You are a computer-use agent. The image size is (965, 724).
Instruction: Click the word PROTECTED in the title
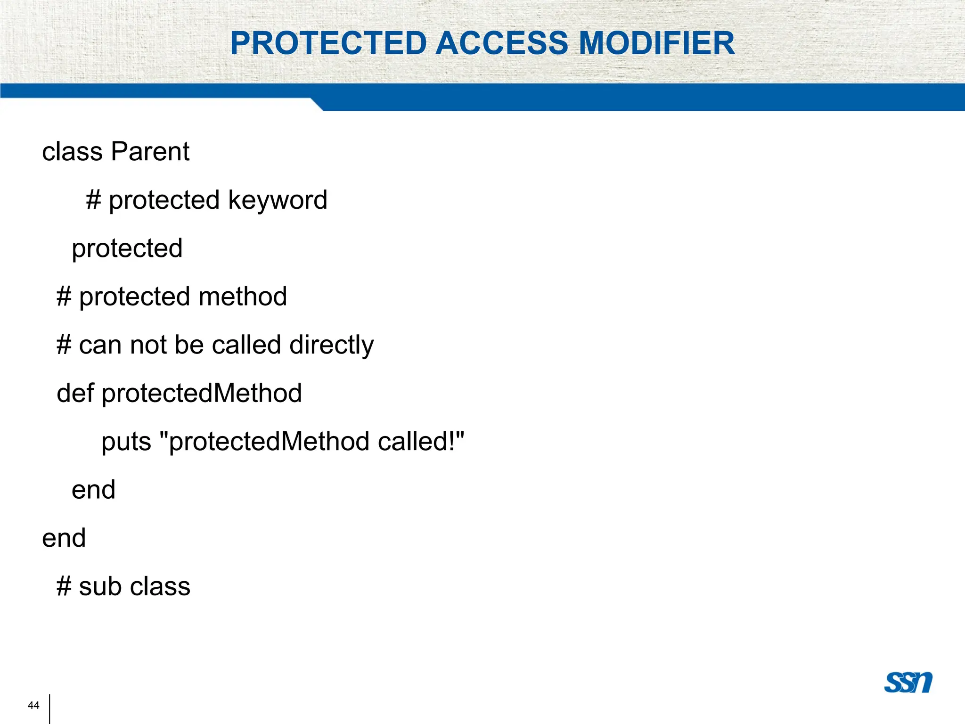coord(328,43)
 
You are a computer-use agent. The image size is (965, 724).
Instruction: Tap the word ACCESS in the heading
coord(502,43)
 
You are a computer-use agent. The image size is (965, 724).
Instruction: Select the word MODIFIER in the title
coord(656,43)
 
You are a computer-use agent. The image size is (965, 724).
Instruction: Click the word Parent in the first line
coord(150,152)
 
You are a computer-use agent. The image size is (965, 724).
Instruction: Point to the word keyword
coord(278,200)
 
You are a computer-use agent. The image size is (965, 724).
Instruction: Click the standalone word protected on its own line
coord(127,248)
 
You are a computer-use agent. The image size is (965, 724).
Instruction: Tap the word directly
coord(332,345)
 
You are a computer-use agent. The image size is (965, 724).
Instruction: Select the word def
coord(75,393)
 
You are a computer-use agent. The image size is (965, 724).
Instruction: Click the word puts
coord(126,442)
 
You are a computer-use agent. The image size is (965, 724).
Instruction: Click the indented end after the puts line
coord(93,490)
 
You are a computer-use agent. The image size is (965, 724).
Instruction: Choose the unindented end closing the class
coord(64,538)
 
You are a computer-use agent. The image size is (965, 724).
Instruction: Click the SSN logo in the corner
coord(908,682)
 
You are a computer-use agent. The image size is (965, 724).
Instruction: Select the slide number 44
coord(33,705)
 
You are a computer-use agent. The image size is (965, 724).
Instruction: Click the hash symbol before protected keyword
coord(93,200)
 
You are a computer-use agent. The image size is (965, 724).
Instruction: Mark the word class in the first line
coord(72,152)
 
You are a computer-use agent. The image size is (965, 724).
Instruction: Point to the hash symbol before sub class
coord(64,587)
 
